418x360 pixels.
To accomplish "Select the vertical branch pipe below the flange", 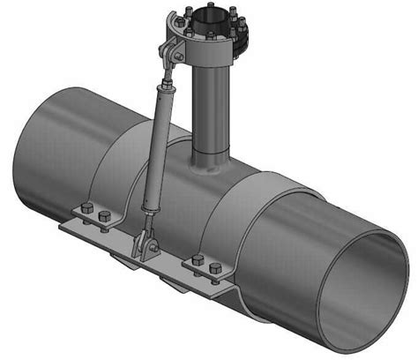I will [212, 106].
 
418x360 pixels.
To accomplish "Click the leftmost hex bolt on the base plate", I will [86, 209].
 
